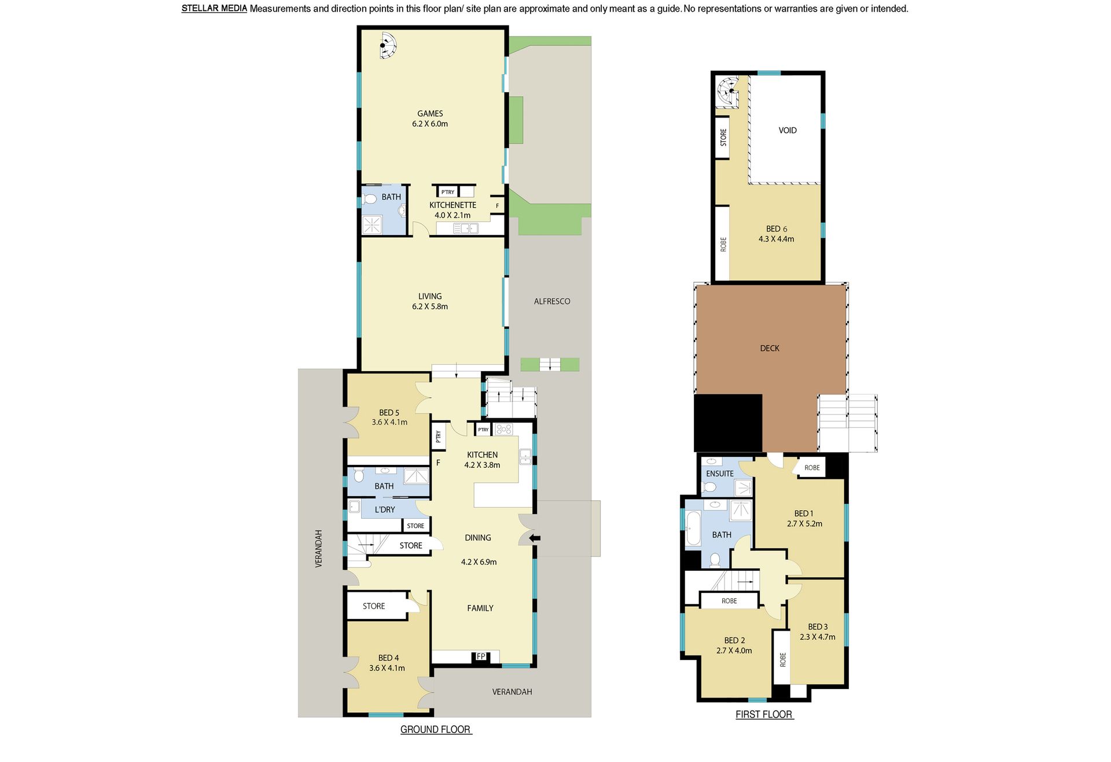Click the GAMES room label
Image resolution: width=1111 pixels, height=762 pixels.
tap(430, 113)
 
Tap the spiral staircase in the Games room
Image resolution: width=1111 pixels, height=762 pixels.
tap(388, 45)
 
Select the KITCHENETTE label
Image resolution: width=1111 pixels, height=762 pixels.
tap(453, 205)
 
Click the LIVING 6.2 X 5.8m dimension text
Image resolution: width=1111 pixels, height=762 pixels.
tap(430, 306)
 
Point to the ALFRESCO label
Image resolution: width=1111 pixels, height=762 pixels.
tap(552, 301)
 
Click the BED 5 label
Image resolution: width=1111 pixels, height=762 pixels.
tap(389, 413)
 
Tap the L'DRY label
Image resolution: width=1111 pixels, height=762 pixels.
tap(385, 510)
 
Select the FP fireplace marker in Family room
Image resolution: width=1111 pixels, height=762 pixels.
tap(481, 656)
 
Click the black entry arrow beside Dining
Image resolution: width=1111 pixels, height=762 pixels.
tap(535, 538)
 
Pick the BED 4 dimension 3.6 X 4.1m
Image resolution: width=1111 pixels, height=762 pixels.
tap(387, 668)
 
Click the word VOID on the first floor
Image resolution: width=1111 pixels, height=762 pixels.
tap(788, 130)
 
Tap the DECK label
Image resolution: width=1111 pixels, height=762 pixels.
tap(770, 348)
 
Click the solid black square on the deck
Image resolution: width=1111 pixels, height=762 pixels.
tap(728, 423)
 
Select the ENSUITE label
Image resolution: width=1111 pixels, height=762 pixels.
tap(720, 473)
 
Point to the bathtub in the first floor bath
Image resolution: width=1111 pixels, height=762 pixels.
tap(693, 529)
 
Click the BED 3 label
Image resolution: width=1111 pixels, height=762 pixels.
tap(818, 627)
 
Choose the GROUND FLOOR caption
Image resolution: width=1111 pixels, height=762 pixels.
tap(436, 730)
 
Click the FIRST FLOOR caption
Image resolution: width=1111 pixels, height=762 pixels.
tap(764, 715)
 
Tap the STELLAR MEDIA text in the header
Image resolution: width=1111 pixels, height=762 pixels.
tap(214, 8)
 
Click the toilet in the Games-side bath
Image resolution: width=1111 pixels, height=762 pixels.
tap(369, 200)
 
